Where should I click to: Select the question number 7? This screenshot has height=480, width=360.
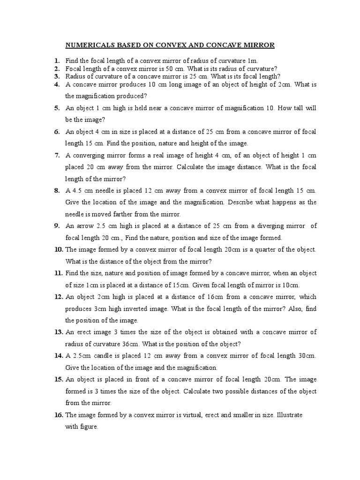pos(56,155)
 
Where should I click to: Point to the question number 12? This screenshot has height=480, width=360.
pos(58,297)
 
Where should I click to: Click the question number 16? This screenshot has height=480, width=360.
pos(58,415)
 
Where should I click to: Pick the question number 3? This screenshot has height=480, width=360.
pos(56,76)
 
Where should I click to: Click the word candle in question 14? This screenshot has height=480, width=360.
pos(97,356)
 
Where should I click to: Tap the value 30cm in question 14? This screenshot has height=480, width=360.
pos(307,356)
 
